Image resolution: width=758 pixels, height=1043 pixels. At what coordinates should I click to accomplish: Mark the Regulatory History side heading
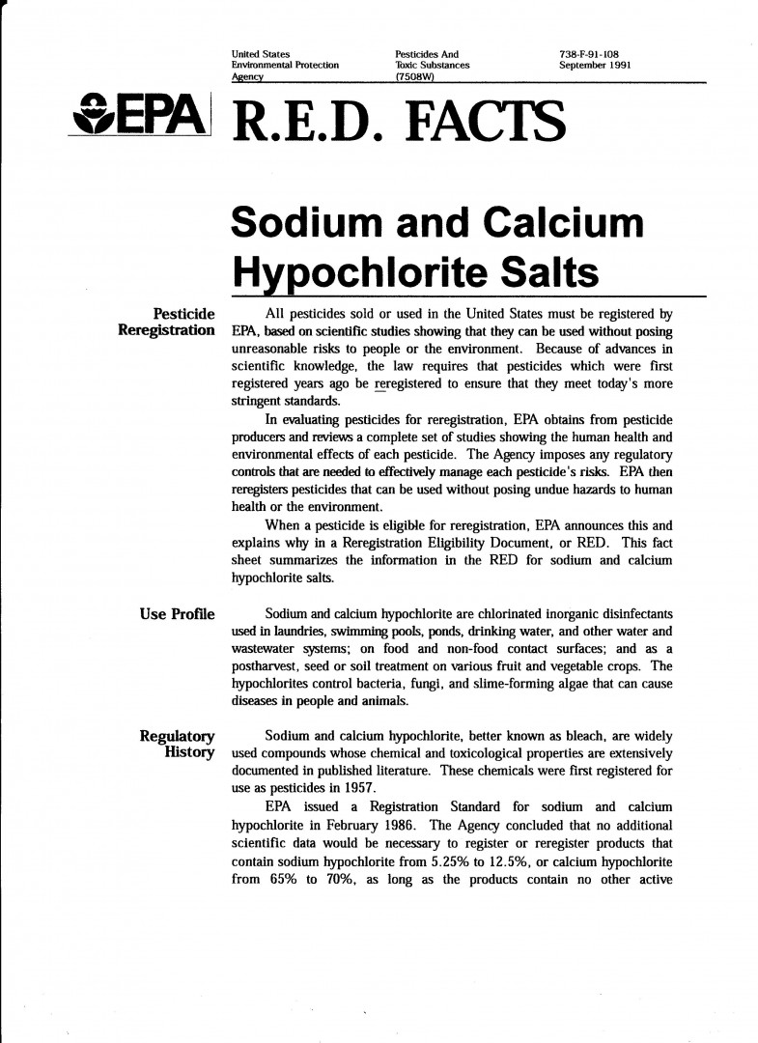[x=178, y=746]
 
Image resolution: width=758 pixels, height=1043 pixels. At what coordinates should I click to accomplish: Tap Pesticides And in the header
[x=426, y=54]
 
